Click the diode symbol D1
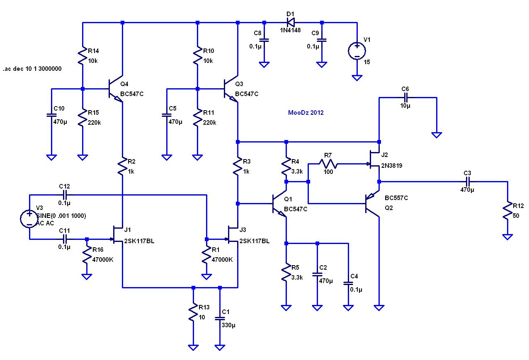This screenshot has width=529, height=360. click(x=291, y=23)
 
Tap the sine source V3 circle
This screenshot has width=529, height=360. click(x=29, y=219)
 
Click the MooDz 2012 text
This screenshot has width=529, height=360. click(x=306, y=113)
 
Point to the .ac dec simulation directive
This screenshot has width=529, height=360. click(x=32, y=69)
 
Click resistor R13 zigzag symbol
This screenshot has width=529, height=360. click(x=193, y=312)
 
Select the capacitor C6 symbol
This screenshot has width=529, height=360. click(x=405, y=97)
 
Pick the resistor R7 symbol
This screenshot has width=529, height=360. click(x=328, y=164)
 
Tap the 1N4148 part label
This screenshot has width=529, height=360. click(x=290, y=30)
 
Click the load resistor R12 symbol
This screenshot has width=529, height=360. click(x=507, y=211)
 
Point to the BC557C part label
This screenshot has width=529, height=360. click(x=396, y=198)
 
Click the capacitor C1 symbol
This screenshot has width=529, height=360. click(x=220, y=318)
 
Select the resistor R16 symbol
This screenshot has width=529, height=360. click(x=87, y=255)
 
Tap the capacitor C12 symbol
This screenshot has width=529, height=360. click(x=65, y=195)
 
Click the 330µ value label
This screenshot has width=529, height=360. click(x=228, y=325)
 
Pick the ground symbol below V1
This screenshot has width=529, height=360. click(x=357, y=78)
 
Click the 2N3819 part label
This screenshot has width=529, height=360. click(x=391, y=166)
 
